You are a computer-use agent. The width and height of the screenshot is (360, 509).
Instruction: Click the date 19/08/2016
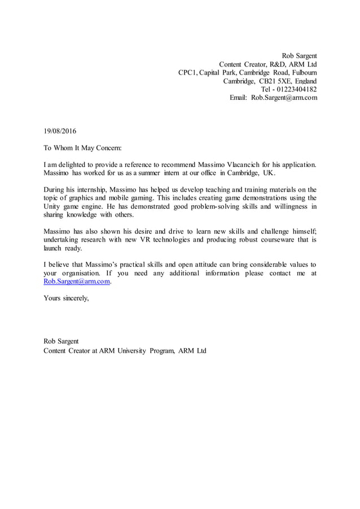[60, 131]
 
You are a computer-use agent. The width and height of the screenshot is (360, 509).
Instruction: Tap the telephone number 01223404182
[295, 89]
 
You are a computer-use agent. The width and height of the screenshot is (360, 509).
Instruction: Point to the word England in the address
[305, 81]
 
